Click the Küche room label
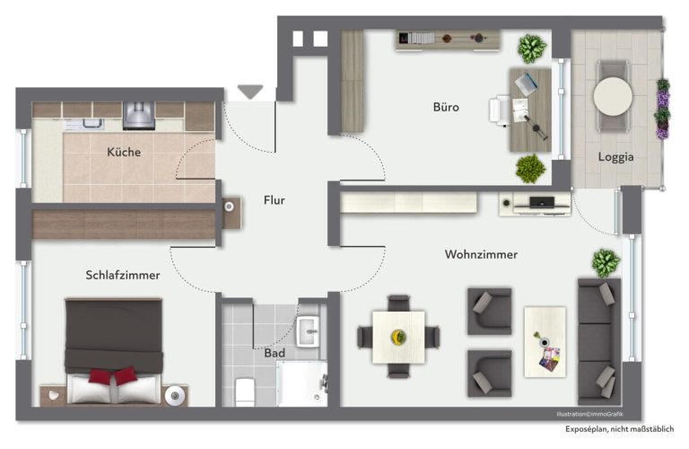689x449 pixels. (x=124, y=152)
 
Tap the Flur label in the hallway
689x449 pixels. (x=275, y=200)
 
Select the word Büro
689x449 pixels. (x=446, y=107)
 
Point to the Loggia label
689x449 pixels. (x=615, y=157)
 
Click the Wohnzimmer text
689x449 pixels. (x=481, y=255)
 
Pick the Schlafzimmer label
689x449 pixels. (x=123, y=276)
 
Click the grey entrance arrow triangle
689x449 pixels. (x=250, y=92)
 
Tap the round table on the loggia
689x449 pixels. (x=613, y=97)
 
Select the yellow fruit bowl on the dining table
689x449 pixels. (x=398, y=338)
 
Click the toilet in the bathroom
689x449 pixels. (x=245, y=392)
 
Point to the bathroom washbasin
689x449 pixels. (x=308, y=331)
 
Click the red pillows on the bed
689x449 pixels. (x=113, y=375)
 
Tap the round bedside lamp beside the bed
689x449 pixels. (x=174, y=396)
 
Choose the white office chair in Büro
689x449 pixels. (x=499, y=110)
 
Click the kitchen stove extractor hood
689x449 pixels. (x=139, y=116)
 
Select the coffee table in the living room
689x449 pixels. (x=545, y=342)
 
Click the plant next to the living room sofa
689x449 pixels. (x=606, y=263)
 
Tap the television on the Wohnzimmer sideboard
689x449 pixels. (x=542, y=203)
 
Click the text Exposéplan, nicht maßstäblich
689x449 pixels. (x=620, y=429)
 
